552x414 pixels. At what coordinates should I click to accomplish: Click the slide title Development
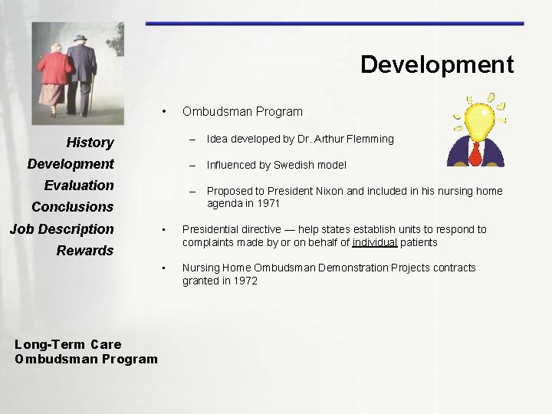point(437,64)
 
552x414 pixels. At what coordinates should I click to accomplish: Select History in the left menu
point(90,143)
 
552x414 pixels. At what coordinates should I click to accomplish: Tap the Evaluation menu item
point(79,186)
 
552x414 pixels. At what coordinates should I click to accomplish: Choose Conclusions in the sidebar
point(72,207)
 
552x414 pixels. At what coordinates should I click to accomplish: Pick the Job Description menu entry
point(61,229)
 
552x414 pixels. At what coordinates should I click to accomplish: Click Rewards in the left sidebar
point(85,251)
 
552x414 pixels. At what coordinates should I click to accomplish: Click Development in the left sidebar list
point(71,164)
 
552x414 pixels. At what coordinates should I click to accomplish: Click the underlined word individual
point(374,242)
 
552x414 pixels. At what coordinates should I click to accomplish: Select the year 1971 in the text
point(268,204)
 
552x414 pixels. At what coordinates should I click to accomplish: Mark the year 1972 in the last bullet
point(245,281)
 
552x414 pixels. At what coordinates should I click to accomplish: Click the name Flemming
point(368,139)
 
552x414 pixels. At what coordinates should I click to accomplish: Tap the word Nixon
point(327,191)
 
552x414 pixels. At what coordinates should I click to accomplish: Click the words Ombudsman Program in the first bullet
point(242,111)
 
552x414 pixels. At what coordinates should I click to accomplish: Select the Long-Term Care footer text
point(68,344)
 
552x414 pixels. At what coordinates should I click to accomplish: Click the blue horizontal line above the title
point(334,24)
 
